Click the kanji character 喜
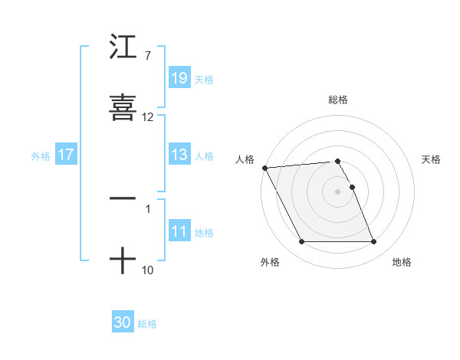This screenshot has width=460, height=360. coord(123,107)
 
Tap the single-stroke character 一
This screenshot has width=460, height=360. coord(123,198)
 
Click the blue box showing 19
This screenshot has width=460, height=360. coord(179,78)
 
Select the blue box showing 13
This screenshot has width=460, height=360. coord(179,155)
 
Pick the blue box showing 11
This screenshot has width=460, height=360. coord(179,231)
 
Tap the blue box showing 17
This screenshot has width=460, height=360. coord(66,155)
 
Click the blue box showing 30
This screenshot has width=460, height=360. coord(123,322)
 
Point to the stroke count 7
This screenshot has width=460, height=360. coord(147,56)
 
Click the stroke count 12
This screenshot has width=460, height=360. coord(148,117)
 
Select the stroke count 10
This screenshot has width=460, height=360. coord(147,270)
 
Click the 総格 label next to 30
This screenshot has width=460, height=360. coord(147,324)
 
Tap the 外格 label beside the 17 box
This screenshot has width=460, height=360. coord(41,155)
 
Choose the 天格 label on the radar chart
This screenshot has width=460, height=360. coord(432,159)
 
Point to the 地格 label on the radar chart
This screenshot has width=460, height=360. coord(402,263)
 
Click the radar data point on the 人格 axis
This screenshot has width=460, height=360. coord(264,168)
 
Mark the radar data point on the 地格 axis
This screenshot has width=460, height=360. coord(374,242)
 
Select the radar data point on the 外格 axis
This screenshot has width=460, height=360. coord(301,242)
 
